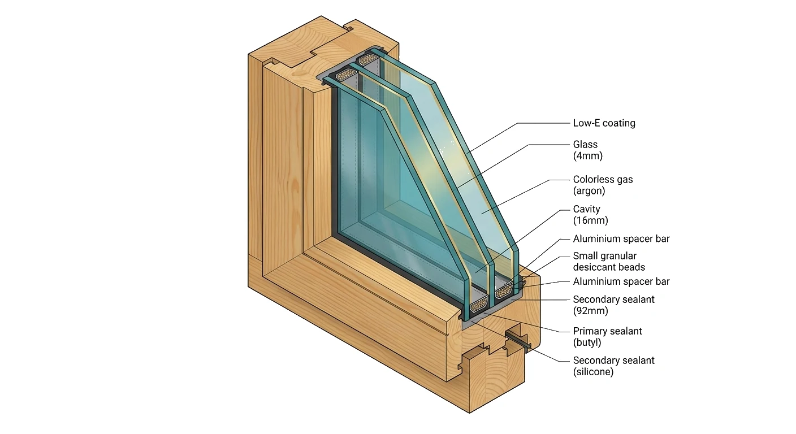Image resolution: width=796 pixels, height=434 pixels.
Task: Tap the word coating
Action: coord(621,123)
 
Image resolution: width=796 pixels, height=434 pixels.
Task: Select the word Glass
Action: coord(585,145)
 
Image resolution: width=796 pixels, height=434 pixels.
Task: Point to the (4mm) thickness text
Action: coord(587,156)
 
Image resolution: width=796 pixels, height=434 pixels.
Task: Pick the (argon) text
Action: coord(589,191)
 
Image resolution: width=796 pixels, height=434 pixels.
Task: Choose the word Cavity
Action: coord(586,209)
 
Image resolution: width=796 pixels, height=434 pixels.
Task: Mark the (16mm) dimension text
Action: coord(590,220)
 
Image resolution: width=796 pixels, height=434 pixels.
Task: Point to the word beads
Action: coord(633,267)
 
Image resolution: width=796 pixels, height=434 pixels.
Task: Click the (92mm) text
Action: coord(590,311)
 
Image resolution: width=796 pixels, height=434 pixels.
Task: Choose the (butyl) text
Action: coord(587,342)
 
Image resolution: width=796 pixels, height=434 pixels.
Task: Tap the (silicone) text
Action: coord(593,372)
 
